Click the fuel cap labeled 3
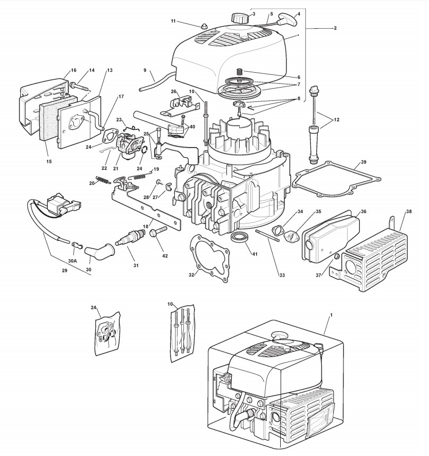click(x=238, y=18)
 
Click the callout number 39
click(x=364, y=162)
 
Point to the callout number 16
click(x=74, y=70)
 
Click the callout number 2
click(x=335, y=28)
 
